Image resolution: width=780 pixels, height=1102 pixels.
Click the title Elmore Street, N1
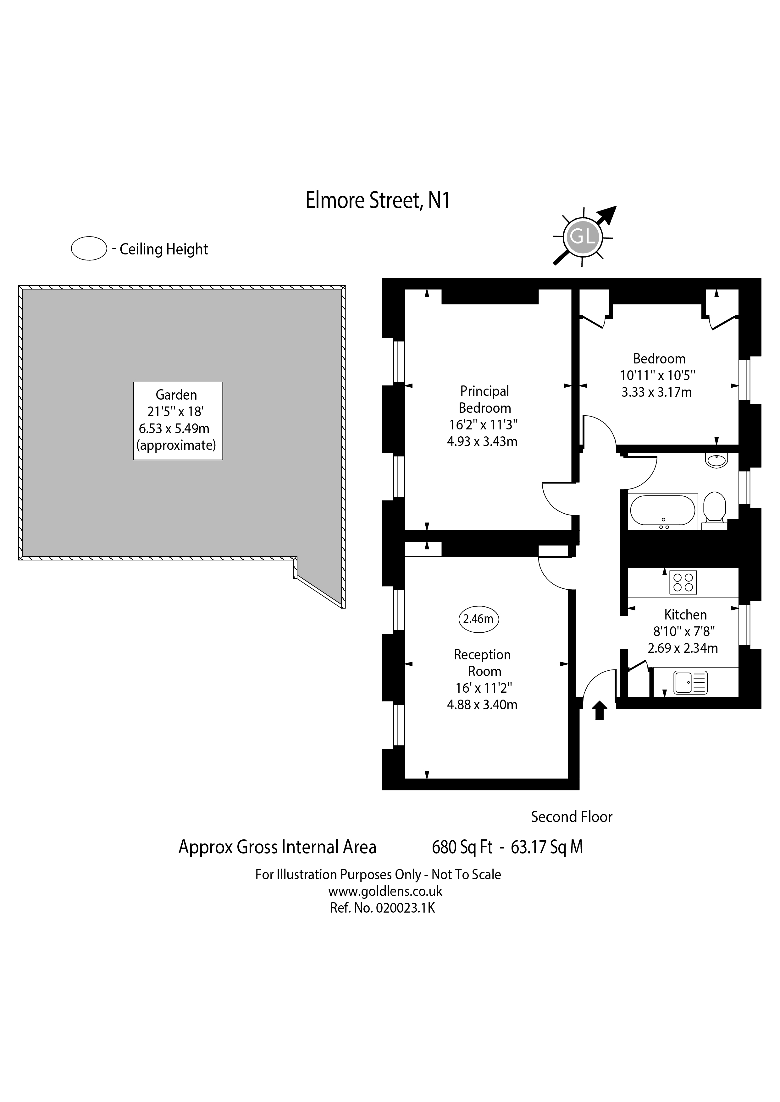378,201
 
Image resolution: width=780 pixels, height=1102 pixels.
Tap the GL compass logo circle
582,237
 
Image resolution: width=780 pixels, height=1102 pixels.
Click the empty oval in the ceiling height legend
89,248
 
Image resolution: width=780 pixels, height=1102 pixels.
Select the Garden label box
178,421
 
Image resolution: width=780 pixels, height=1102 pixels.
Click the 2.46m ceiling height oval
479,619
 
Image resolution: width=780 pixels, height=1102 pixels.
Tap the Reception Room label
482,663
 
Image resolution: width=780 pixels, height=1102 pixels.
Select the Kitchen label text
685,614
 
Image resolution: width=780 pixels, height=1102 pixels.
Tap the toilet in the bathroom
714,508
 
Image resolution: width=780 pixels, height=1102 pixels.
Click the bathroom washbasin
716,460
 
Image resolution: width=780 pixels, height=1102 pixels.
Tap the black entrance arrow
600,710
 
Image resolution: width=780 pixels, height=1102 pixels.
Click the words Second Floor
572,817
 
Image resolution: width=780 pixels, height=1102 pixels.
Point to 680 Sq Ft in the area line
462,847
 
